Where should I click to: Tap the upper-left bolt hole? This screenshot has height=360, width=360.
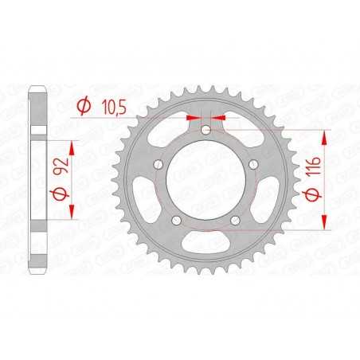point(159,165)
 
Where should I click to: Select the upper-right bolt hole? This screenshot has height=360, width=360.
point(252,165)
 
